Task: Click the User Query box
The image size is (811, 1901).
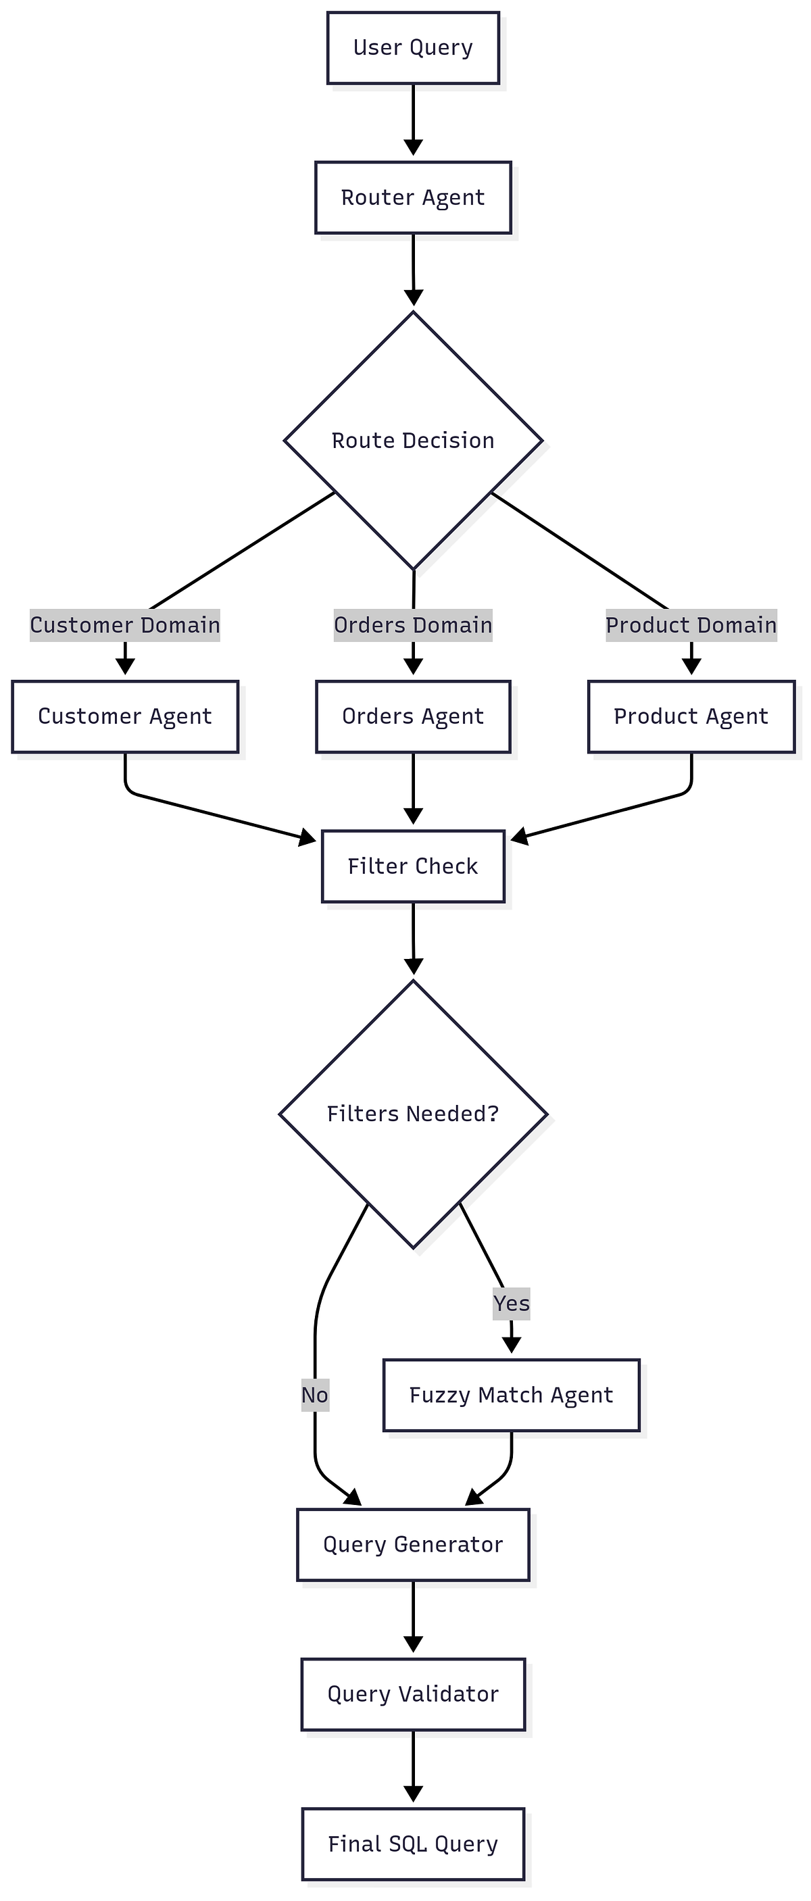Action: pos(412,48)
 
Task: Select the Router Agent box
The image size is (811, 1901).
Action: pos(412,198)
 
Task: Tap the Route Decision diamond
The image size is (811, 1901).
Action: pos(412,441)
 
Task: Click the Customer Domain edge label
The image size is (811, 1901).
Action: pos(125,625)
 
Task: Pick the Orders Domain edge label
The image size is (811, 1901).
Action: pos(412,625)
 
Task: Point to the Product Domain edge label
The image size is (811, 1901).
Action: pos(691,625)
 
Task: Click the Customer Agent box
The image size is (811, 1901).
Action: pos(125,716)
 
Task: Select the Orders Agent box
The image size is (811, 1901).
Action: pos(412,716)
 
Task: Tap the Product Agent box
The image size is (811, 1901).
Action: pos(691,716)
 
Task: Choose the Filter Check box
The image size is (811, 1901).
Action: pos(412,866)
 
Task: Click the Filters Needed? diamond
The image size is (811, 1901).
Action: pos(412,1114)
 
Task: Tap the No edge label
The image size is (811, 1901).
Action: pos(315,1395)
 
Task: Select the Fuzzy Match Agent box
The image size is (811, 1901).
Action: pos(511,1395)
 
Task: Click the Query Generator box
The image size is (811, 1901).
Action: pos(412,1545)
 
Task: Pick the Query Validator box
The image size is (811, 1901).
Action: pos(412,1694)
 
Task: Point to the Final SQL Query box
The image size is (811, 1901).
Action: pos(412,1844)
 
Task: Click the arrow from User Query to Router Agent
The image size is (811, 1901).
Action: pos(413,118)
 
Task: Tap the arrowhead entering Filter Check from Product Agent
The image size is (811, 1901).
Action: pos(520,836)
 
